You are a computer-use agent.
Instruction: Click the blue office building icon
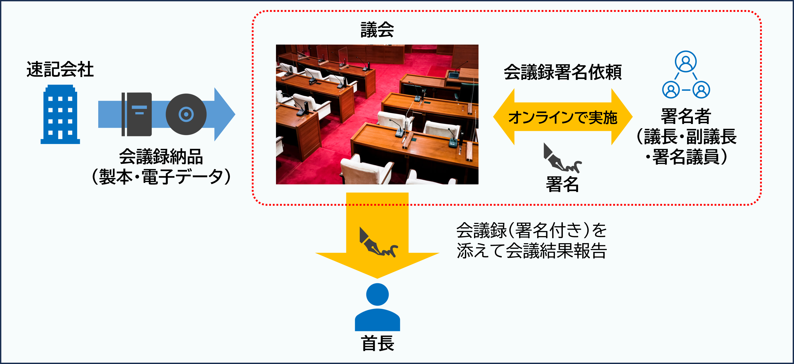tap(60, 114)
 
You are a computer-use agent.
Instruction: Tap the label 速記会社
tap(60, 69)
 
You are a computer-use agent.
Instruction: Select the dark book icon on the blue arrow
tap(136, 114)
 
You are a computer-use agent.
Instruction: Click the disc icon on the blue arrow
tap(186, 114)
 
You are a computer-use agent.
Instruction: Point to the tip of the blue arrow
tap(235, 114)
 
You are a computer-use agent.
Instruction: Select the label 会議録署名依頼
tap(563, 72)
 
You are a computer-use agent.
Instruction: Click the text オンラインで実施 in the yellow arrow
tap(563, 118)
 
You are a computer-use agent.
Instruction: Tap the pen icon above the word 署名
tap(562, 158)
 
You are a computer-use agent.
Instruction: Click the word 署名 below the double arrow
tap(562, 184)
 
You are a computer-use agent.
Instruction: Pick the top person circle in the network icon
tap(686, 61)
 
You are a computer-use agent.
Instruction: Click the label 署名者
tap(686, 116)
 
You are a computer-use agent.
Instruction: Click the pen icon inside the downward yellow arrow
tap(378, 242)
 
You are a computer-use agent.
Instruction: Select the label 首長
tap(378, 343)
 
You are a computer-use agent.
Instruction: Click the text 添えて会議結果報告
tap(532, 250)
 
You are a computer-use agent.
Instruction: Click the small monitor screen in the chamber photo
tap(453, 75)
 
